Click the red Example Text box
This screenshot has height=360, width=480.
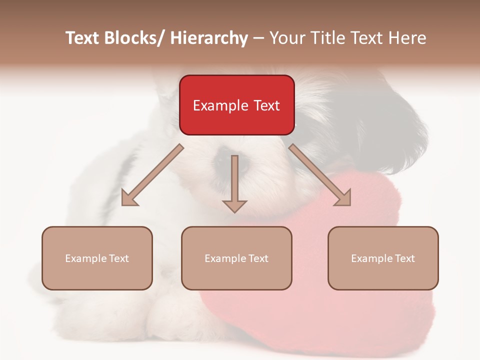(236, 105)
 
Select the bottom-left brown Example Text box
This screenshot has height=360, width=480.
(97, 258)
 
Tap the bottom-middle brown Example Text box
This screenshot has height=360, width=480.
(236, 258)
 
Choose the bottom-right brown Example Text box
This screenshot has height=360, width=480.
(383, 258)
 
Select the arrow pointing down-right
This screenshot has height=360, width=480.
(320, 175)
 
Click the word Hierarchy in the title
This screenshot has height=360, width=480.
(209, 38)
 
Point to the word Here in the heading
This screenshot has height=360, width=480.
(406, 38)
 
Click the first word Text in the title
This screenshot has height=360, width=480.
(83, 38)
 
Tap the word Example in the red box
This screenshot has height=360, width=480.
(220, 105)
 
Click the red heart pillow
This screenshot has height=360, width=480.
(320, 280)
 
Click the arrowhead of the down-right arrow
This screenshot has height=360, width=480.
(343, 198)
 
